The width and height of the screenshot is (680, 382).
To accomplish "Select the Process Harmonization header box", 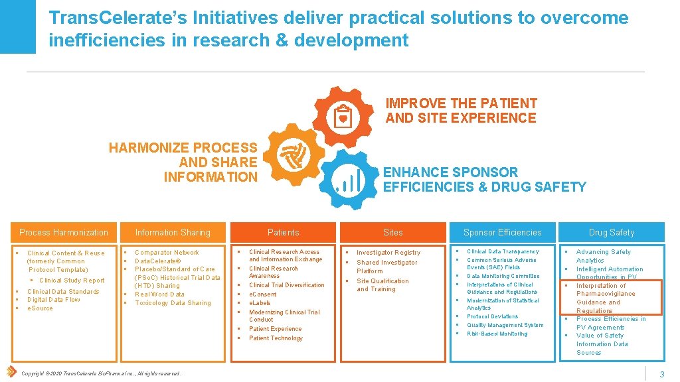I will pyautogui.click(x=63, y=232).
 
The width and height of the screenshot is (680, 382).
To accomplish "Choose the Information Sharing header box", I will pyautogui.click(x=172, y=232).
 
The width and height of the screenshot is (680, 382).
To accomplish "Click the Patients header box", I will pyautogui.click(x=283, y=232).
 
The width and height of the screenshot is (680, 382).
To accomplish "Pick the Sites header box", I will pyautogui.click(x=393, y=232).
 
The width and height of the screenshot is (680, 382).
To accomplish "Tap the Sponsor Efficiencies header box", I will pyautogui.click(x=502, y=232).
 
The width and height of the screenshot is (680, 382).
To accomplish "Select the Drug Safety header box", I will pyautogui.click(x=611, y=232).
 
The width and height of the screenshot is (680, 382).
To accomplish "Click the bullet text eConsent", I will pyautogui.click(x=262, y=294).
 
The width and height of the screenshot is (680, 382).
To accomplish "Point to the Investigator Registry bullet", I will pyautogui.click(x=388, y=253).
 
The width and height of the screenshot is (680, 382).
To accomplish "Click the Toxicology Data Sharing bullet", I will pyautogui.click(x=173, y=303).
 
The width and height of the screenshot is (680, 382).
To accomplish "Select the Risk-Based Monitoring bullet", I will pyautogui.click(x=497, y=334).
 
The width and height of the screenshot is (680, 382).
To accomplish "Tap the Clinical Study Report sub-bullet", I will pyautogui.click(x=72, y=281).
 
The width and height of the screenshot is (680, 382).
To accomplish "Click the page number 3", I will pyautogui.click(x=662, y=375).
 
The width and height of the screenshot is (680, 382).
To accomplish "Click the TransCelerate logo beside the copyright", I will pyautogui.click(x=11, y=371).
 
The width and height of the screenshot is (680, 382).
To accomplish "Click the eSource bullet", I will pyautogui.click(x=40, y=308).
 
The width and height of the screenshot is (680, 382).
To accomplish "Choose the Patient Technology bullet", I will pyautogui.click(x=276, y=338).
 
